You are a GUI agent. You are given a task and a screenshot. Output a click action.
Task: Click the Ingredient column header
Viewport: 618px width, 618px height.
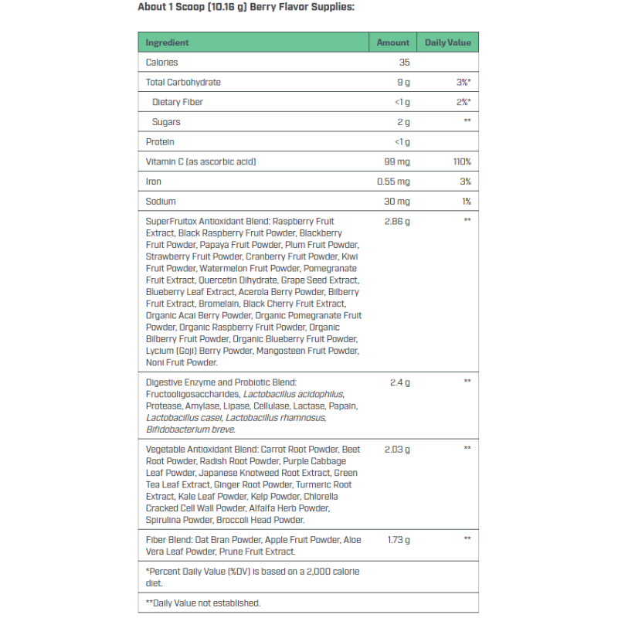167,42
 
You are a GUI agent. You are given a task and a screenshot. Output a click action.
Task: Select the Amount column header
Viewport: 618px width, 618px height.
392,42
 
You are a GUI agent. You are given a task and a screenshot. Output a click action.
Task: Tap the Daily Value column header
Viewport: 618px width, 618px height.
447,42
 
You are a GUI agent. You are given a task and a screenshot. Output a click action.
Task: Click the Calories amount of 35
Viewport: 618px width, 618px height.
404,63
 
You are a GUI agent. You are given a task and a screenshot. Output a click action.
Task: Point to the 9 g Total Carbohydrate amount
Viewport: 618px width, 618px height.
403,83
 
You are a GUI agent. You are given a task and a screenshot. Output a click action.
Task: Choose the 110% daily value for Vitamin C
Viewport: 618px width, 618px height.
462,161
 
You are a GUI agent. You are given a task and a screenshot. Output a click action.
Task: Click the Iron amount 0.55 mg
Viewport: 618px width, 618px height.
393,182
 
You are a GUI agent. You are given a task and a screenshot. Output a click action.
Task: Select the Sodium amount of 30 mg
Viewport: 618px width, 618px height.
398,202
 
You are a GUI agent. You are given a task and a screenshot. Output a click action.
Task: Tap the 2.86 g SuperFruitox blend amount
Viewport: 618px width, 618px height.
396,222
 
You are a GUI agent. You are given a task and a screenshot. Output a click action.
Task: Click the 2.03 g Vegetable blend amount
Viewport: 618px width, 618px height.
397,449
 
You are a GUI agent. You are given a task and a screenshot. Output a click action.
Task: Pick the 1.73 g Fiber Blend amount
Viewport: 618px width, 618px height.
399,540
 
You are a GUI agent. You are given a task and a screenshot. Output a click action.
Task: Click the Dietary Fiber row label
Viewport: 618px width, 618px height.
178,102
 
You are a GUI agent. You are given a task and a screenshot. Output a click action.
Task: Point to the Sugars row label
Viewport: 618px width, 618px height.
166,122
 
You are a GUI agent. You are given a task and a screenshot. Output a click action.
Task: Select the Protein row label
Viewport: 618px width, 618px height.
160,142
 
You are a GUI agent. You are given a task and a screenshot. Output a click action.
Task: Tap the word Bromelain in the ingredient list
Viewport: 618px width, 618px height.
219,304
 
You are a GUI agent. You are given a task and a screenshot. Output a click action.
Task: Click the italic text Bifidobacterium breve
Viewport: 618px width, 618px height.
191,430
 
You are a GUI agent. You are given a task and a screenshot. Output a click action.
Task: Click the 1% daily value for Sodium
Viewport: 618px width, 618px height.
466,202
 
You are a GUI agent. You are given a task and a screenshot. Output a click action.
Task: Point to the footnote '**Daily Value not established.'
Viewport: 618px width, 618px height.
202,603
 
